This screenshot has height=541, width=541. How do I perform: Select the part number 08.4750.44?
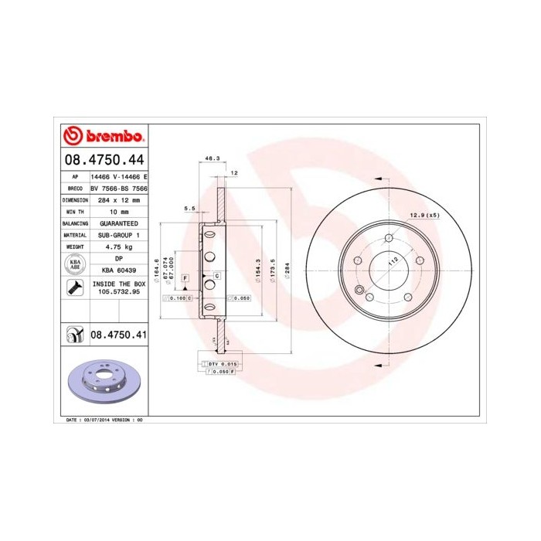pyautogui.click(x=104, y=160)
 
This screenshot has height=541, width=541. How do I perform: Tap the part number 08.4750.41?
pyautogui.click(x=119, y=335)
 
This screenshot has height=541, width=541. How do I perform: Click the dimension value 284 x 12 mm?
pyautogui.click(x=119, y=199)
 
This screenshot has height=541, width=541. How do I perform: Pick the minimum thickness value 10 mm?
pyautogui.click(x=119, y=211)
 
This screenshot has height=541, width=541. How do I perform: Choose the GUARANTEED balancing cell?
pyautogui.click(x=119, y=223)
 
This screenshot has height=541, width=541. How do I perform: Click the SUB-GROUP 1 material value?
pyautogui.click(x=119, y=234)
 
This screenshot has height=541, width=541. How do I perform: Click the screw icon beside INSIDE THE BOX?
pyautogui.click(x=76, y=289)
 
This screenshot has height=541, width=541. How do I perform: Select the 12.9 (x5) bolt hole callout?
pyautogui.click(x=424, y=215)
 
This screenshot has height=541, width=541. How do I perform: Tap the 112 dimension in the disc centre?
pyautogui.click(x=393, y=262)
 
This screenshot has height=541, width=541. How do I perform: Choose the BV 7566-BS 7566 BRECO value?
pyautogui.click(x=119, y=188)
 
